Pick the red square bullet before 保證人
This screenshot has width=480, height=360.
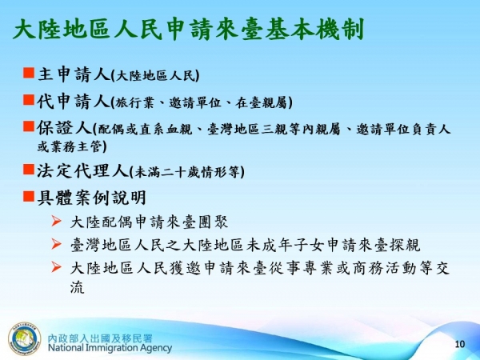[27, 126]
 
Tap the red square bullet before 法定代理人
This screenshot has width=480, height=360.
[27, 170]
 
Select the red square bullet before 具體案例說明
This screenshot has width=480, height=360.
[27, 195]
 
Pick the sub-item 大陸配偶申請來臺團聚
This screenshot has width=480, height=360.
[149, 222]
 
